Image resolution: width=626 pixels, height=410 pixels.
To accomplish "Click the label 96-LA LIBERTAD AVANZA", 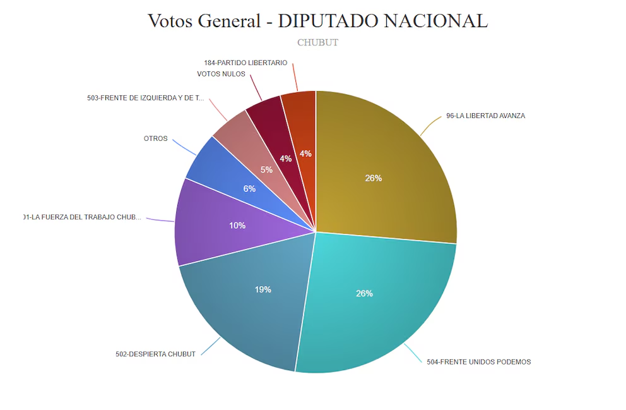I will [485, 116].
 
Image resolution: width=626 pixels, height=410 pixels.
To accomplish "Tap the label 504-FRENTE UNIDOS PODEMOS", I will [478, 362].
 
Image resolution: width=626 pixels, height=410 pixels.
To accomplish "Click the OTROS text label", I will [156, 138].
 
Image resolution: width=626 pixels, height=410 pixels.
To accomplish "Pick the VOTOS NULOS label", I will [221, 74].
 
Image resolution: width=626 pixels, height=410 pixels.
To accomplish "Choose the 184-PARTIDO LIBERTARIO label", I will [245, 63].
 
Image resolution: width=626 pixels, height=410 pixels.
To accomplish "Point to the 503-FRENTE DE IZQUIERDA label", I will [146, 98].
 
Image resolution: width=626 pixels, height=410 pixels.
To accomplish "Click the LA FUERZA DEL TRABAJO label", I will [82, 217].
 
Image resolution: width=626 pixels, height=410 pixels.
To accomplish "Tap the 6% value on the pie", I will [249, 188].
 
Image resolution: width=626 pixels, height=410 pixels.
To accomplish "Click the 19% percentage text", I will [263, 289].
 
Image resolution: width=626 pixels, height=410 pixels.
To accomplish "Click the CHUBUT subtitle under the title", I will [317, 42].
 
